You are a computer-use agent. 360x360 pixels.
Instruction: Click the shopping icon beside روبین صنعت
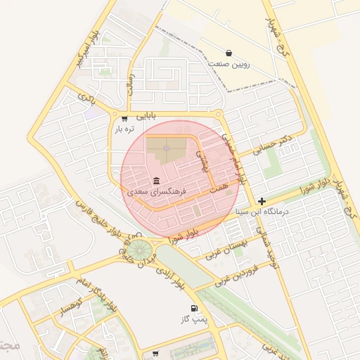point(229,53)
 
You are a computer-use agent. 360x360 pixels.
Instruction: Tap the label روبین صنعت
point(229,64)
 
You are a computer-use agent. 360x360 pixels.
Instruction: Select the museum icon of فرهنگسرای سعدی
point(155,180)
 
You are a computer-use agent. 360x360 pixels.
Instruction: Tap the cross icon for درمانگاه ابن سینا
point(262,201)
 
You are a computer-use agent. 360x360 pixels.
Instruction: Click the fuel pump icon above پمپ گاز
point(193,308)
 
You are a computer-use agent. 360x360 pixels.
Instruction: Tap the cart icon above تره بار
point(124,118)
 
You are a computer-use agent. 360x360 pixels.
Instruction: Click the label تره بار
point(124,129)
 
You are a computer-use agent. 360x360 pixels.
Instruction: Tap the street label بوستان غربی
point(228,249)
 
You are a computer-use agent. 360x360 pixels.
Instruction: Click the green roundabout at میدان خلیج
point(141,248)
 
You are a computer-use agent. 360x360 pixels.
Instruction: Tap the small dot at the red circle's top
point(167,148)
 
